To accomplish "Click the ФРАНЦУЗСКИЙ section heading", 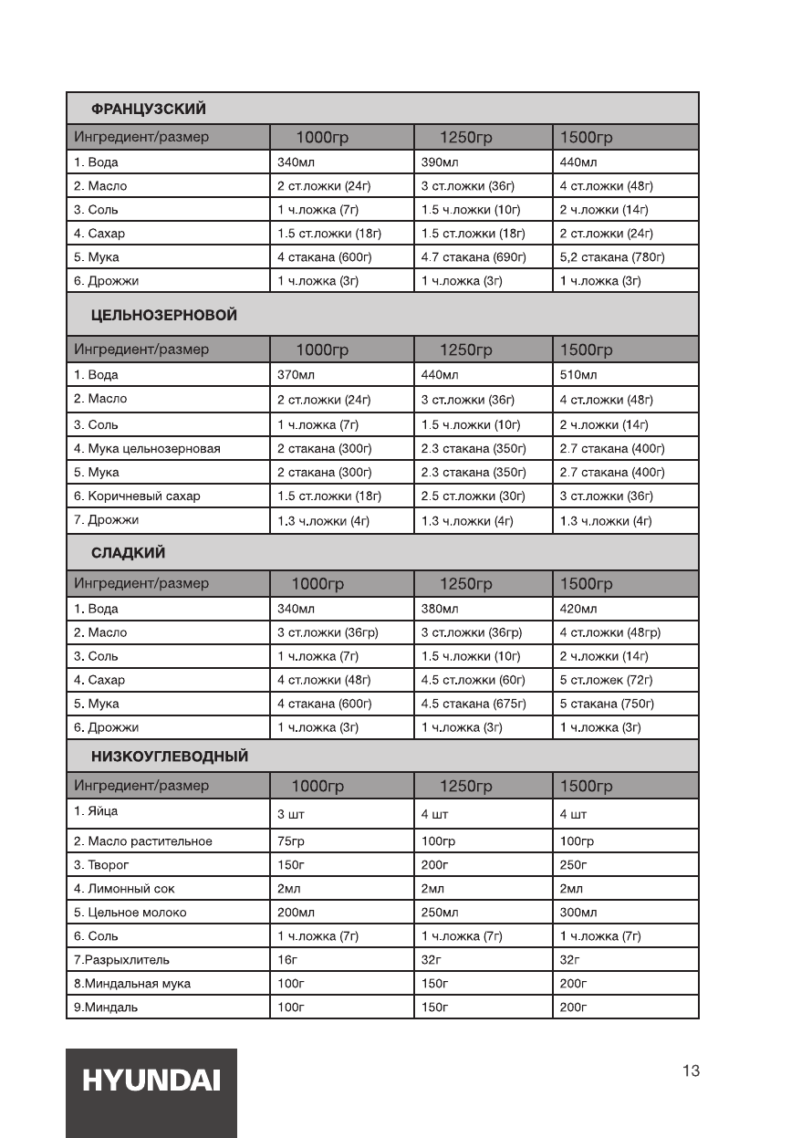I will point(148,110).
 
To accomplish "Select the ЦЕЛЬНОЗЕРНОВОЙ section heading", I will point(164,315).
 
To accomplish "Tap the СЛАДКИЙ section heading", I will point(128,553).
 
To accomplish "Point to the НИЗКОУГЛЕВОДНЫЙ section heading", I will point(170,757).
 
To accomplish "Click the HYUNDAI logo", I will point(151,1081).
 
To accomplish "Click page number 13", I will point(691,1070).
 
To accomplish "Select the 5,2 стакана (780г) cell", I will point(611,257).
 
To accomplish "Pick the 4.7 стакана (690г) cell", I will point(474,257).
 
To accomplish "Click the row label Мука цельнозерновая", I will point(147,449).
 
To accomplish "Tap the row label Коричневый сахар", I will point(137,496).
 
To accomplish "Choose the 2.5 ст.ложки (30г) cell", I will point(473,496).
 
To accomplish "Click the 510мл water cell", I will point(578,375).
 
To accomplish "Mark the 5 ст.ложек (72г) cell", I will point(606,680).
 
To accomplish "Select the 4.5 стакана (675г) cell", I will point(474,704).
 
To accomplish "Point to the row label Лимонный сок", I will point(124,888).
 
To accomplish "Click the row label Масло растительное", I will point(143,841).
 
